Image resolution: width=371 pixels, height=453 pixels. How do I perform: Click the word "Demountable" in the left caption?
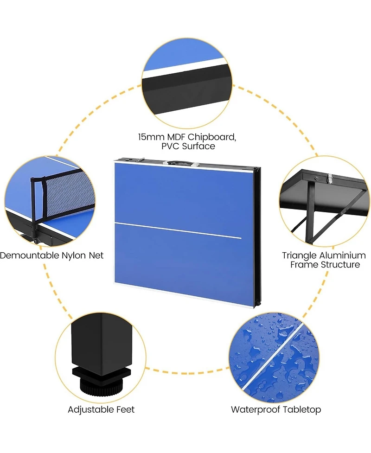30,255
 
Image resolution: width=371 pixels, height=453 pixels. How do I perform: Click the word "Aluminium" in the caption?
343,255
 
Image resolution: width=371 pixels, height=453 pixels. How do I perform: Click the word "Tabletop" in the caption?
301,410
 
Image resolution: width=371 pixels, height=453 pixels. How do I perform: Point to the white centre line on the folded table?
178,230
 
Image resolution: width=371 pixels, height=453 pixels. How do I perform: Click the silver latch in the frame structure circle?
329,179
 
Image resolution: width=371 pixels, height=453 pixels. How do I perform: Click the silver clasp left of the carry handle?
140,160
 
